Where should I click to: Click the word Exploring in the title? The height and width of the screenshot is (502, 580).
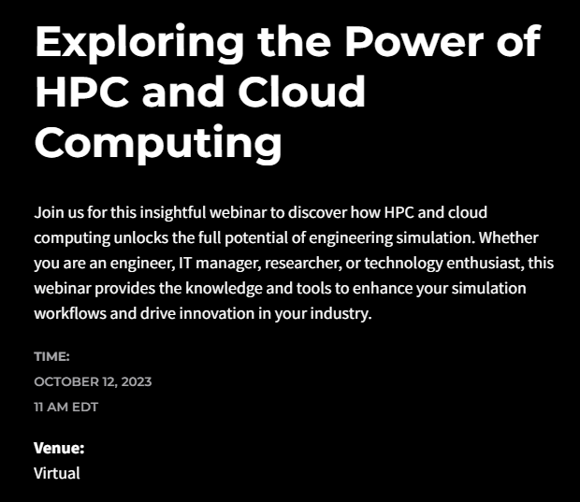[139, 43]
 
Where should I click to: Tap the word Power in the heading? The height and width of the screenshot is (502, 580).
[413, 41]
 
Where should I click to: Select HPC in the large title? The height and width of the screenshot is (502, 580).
[81, 91]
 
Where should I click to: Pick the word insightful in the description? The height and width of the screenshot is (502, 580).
[172, 213]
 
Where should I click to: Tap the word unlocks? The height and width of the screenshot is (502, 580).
[141, 237]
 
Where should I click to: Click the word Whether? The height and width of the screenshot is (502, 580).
[509, 237]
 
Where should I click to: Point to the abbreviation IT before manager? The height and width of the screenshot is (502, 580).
[185, 264]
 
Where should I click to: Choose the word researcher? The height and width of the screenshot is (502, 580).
[303, 264]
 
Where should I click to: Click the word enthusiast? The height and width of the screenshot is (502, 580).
[486, 264]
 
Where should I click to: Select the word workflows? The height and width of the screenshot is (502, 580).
[70, 313]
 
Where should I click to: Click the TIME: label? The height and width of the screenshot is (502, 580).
[51, 356]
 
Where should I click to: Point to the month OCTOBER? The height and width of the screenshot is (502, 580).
[67, 381]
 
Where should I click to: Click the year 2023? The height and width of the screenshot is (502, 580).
[137, 381]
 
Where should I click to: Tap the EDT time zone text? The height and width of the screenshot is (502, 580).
[85, 407]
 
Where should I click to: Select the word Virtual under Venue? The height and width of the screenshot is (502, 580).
[57, 473]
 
